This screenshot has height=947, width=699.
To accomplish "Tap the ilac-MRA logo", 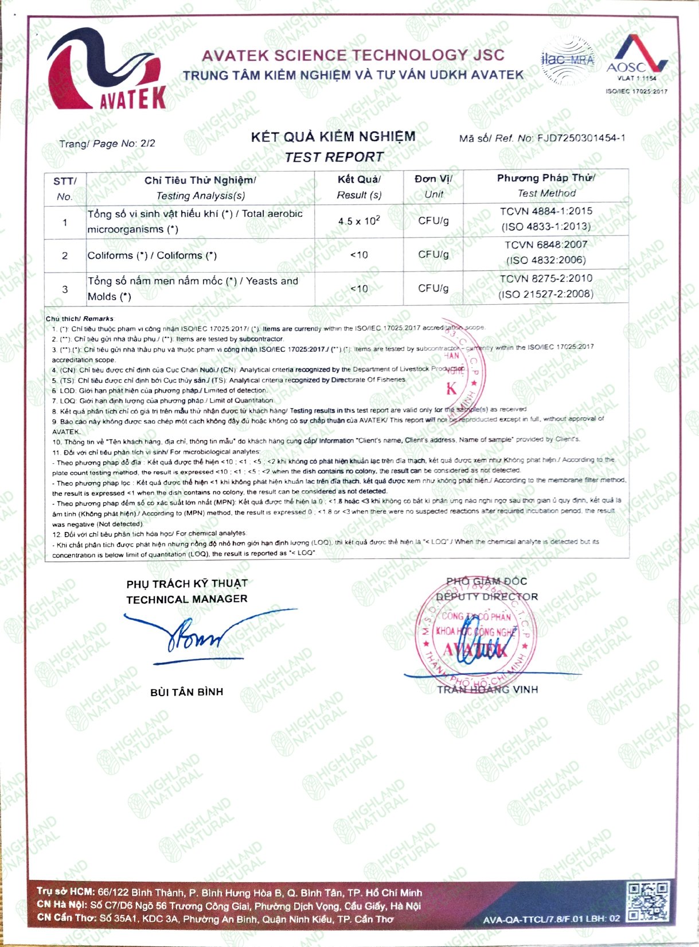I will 567,60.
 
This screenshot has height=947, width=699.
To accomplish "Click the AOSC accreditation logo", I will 636,61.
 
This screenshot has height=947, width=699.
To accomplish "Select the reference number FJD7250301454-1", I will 580,138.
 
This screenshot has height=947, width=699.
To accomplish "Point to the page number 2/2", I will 148,143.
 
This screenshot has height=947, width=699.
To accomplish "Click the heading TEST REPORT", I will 334,157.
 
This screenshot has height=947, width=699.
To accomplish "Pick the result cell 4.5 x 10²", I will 359,221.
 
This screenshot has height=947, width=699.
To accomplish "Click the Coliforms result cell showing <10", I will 359,255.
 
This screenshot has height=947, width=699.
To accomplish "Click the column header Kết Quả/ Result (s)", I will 359,187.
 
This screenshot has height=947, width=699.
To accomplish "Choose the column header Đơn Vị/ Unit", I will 434,187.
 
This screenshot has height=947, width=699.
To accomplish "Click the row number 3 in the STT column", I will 65,289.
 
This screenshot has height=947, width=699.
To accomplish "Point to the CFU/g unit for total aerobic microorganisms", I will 434,221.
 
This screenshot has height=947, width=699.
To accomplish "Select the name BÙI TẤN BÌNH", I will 186,692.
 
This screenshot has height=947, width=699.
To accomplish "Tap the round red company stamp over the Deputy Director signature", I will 475,637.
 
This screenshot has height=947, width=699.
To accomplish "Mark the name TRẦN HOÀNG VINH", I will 487,689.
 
